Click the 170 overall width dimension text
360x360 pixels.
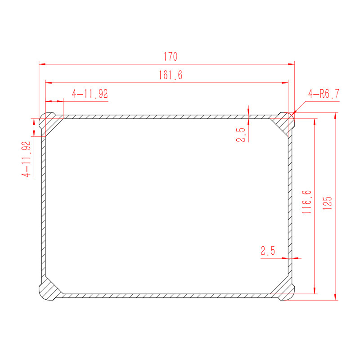coord(171,57)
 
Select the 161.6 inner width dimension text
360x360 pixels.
coord(171,75)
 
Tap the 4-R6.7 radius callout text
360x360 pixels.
coord(324,94)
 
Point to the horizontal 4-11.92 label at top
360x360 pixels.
coord(90,94)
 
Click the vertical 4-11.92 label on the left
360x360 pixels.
coord(26,159)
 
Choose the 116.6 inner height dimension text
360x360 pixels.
coord(307,202)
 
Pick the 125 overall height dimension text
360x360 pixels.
coord(328,203)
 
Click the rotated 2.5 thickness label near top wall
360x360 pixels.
coord(241,135)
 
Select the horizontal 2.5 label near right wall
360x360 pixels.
coord(268,251)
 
